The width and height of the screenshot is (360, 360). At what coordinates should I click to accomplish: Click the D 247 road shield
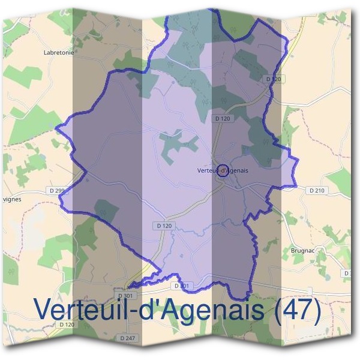(128, 338)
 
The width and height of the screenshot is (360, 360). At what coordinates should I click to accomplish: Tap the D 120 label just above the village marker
(222, 119)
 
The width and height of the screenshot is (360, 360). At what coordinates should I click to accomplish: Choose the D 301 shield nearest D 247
(125, 296)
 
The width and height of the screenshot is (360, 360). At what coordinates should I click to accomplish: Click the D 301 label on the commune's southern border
(182, 286)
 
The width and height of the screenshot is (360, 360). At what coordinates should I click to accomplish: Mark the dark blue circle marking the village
(222, 170)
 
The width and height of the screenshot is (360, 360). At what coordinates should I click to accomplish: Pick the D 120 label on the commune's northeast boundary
(273, 79)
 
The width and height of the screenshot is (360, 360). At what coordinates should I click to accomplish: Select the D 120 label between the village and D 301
(164, 226)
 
